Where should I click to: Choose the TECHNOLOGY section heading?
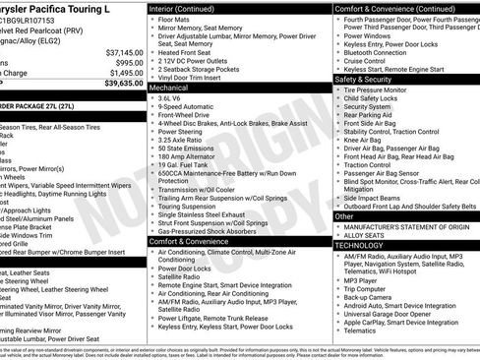tap(365, 244)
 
